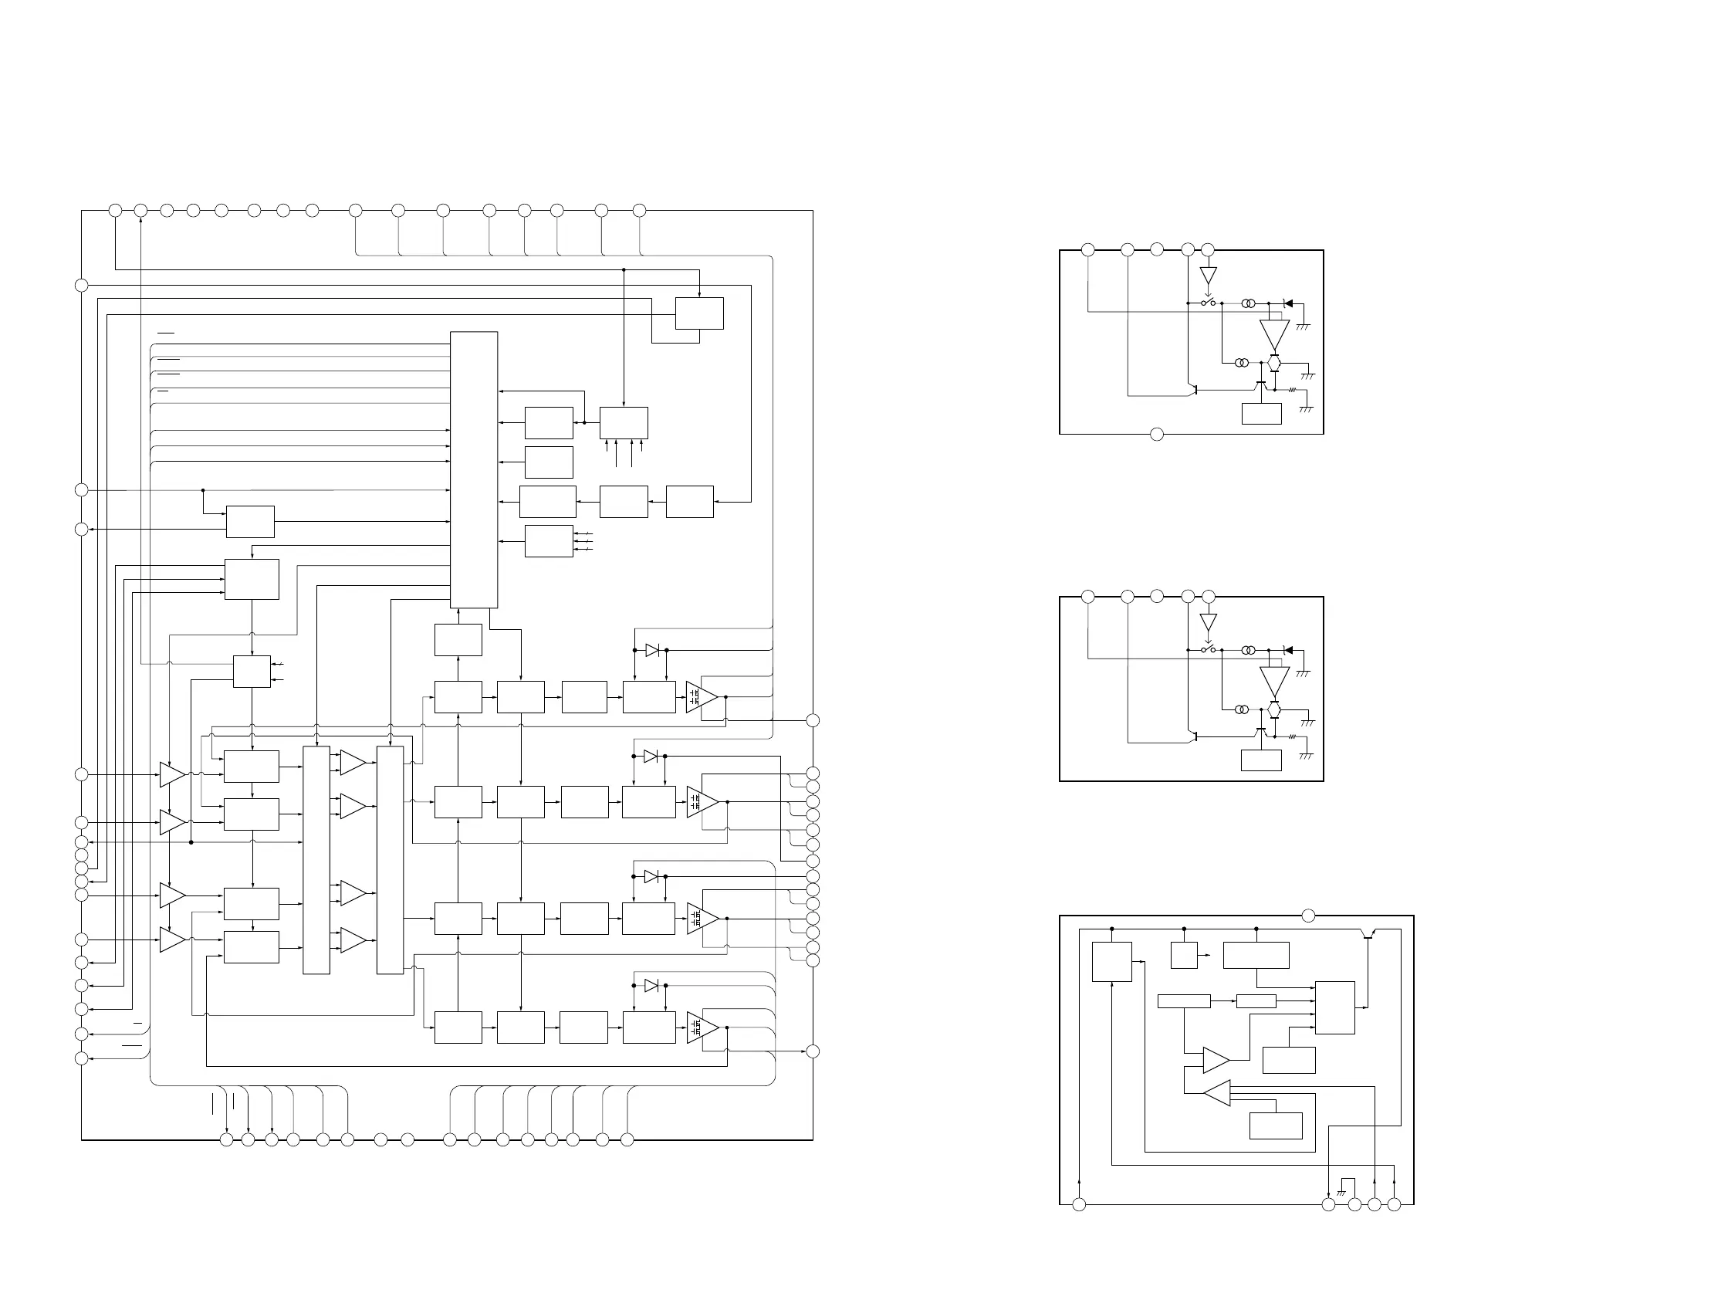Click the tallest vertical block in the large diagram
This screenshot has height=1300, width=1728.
[473, 469]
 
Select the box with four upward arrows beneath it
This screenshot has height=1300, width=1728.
[624, 423]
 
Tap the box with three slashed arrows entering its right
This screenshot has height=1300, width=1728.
[549, 540]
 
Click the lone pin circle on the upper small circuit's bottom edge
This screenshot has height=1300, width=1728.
[1157, 435]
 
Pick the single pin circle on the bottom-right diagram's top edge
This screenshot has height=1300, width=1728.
[1308, 916]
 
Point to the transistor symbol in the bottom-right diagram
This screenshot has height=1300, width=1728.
[1368, 934]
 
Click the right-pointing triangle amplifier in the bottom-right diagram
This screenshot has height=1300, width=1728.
[1216, 1060]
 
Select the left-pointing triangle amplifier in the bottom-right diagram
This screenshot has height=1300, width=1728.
[1217, 1093]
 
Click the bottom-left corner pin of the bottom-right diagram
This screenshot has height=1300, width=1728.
[1079, 1205]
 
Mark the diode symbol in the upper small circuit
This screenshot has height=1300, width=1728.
[1288, 303]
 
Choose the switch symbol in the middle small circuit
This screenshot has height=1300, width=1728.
[1209, 649]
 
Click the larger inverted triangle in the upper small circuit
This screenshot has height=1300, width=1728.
[1274, 334]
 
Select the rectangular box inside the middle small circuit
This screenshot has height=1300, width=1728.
[1261, 760]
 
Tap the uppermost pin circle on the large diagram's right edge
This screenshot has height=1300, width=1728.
[813, 720]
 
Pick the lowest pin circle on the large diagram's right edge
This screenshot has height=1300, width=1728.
[813, 1051]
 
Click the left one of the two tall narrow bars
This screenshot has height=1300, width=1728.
[316, 860]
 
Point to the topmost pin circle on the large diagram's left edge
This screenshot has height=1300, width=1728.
[81, 285]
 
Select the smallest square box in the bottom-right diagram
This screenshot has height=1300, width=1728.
[1185, 955]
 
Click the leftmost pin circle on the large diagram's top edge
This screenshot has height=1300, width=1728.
[115, 210]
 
